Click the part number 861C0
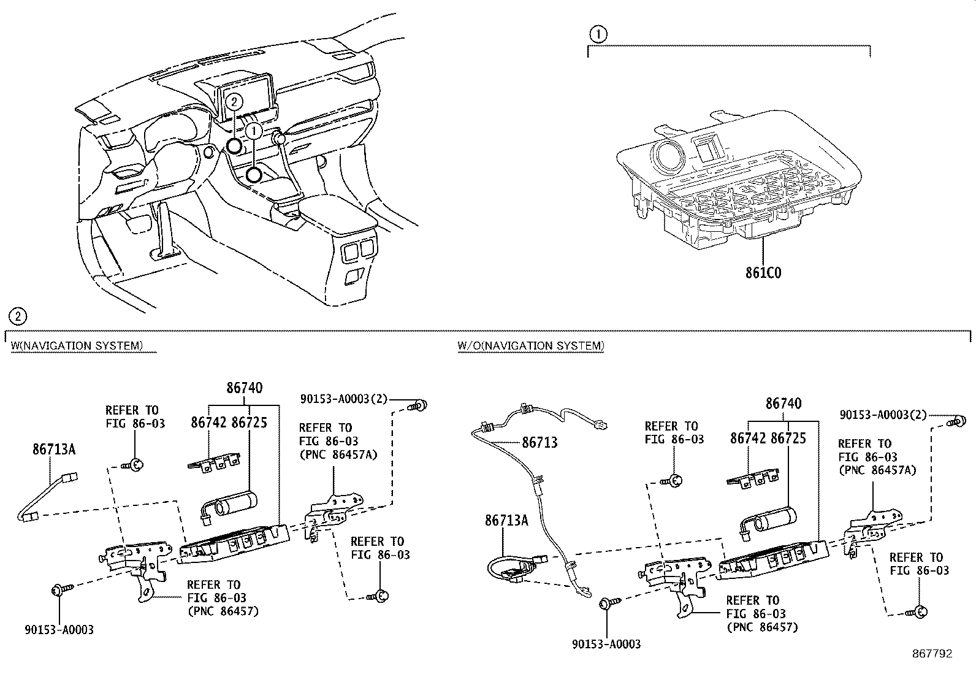coord(763,272)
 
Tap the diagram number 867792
coord(931,654)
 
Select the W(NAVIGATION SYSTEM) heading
coord(77,346)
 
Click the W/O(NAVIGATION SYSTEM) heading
coord(530,346)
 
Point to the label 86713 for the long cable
coord(539,442)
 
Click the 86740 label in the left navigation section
coord(244,388)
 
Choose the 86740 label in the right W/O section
coord(783,404)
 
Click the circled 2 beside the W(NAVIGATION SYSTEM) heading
coord(18,316)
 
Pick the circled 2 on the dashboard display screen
coord(234,101)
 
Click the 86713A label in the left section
coord(54,450)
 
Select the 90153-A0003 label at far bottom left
coord(59,630)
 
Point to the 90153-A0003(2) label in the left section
coord(345,399)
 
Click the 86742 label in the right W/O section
coord(748,438)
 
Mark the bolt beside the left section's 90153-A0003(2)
coord(421,404)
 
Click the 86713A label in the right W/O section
coord(506,521)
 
